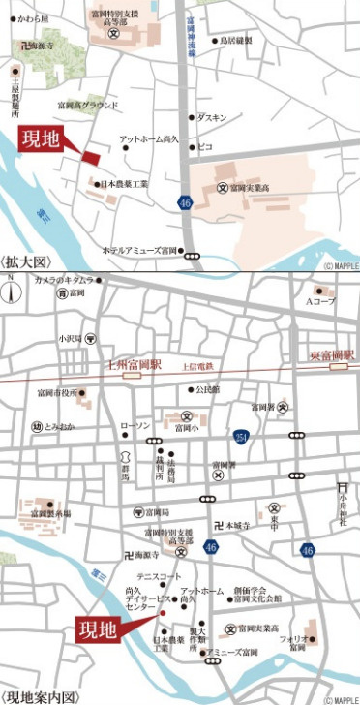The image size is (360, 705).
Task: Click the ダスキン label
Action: tap(212, 117)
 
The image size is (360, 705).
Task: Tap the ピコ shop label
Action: tap(205, 147)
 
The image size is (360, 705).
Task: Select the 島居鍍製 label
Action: tap(235, 41)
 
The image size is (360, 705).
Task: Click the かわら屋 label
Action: tap(33, 17)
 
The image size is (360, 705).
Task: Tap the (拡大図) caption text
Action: tap(26, 261)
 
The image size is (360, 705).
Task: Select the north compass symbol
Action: tap(9, 289)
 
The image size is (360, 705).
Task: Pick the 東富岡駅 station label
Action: tap(333, 355)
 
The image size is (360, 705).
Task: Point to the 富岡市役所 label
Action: tap(53, 392)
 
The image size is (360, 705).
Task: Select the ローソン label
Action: tap(135, 425)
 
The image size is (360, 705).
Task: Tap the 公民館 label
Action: tap(207, 390)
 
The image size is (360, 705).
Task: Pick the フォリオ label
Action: tap(293, 639)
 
